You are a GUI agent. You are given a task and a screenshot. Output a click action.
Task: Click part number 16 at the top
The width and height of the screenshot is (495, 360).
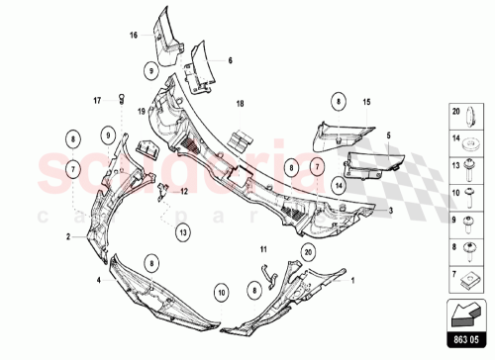coord(132,35)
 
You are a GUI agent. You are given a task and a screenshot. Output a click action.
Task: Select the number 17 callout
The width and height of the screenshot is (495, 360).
coord(98,99)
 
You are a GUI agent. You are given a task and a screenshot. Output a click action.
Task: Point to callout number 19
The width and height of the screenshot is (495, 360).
coord(141,111)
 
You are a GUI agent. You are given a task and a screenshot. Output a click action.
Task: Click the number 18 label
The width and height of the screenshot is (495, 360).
coord(239,103)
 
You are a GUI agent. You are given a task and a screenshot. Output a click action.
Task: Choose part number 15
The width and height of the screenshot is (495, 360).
coord(365,102)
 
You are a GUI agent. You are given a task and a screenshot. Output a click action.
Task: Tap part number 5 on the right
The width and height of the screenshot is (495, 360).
coord(389,135)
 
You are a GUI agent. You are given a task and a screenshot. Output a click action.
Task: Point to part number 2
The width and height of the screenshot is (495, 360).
coord(68,237)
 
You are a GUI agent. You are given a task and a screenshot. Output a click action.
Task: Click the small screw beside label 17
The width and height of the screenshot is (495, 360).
coord(122,96)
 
